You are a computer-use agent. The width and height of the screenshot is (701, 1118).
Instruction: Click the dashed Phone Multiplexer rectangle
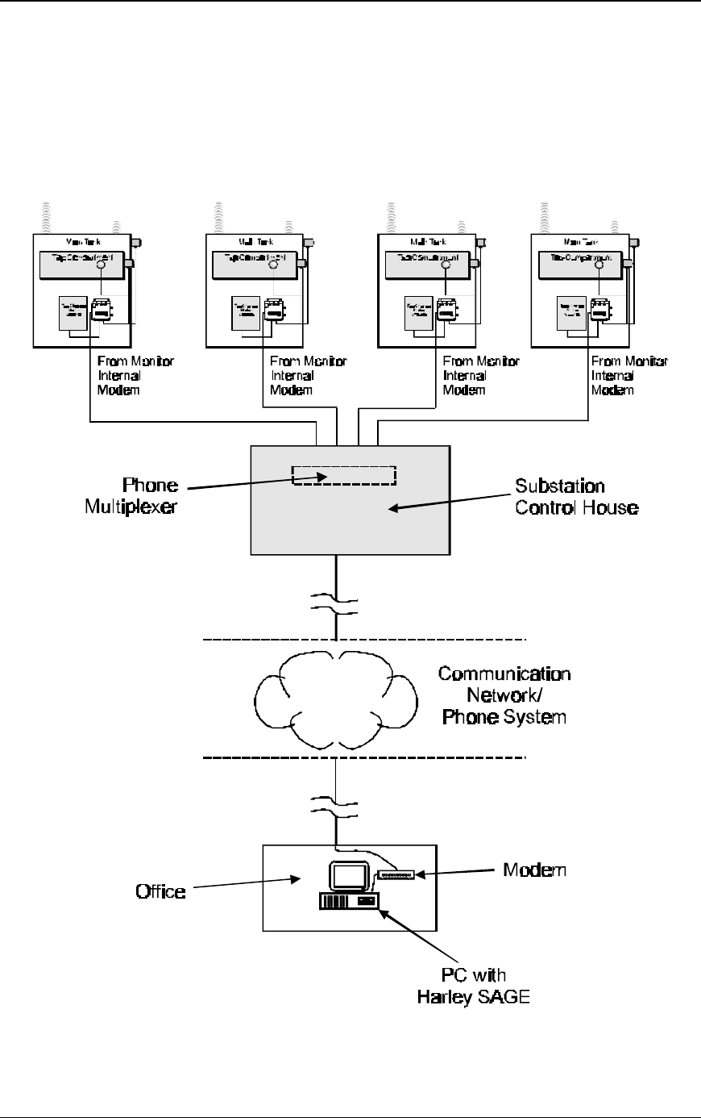tap(344, 476)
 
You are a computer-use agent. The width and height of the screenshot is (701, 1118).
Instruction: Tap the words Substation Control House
tap(576, 498)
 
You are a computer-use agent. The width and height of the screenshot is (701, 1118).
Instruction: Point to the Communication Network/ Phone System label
tap(504, 695)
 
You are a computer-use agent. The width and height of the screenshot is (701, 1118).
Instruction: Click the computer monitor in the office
tap(347, 878)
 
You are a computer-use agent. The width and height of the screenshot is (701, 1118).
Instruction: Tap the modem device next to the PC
tap(396, 874)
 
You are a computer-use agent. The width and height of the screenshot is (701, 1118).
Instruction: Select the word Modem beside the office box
tap(534, 870)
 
